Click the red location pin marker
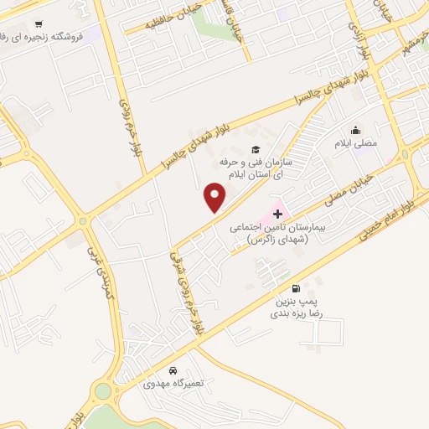[x=215, y=198]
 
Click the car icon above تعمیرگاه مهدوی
[x=173, y=370]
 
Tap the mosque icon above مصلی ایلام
[x=356, y=131]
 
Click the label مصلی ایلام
[x=356, y=143]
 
